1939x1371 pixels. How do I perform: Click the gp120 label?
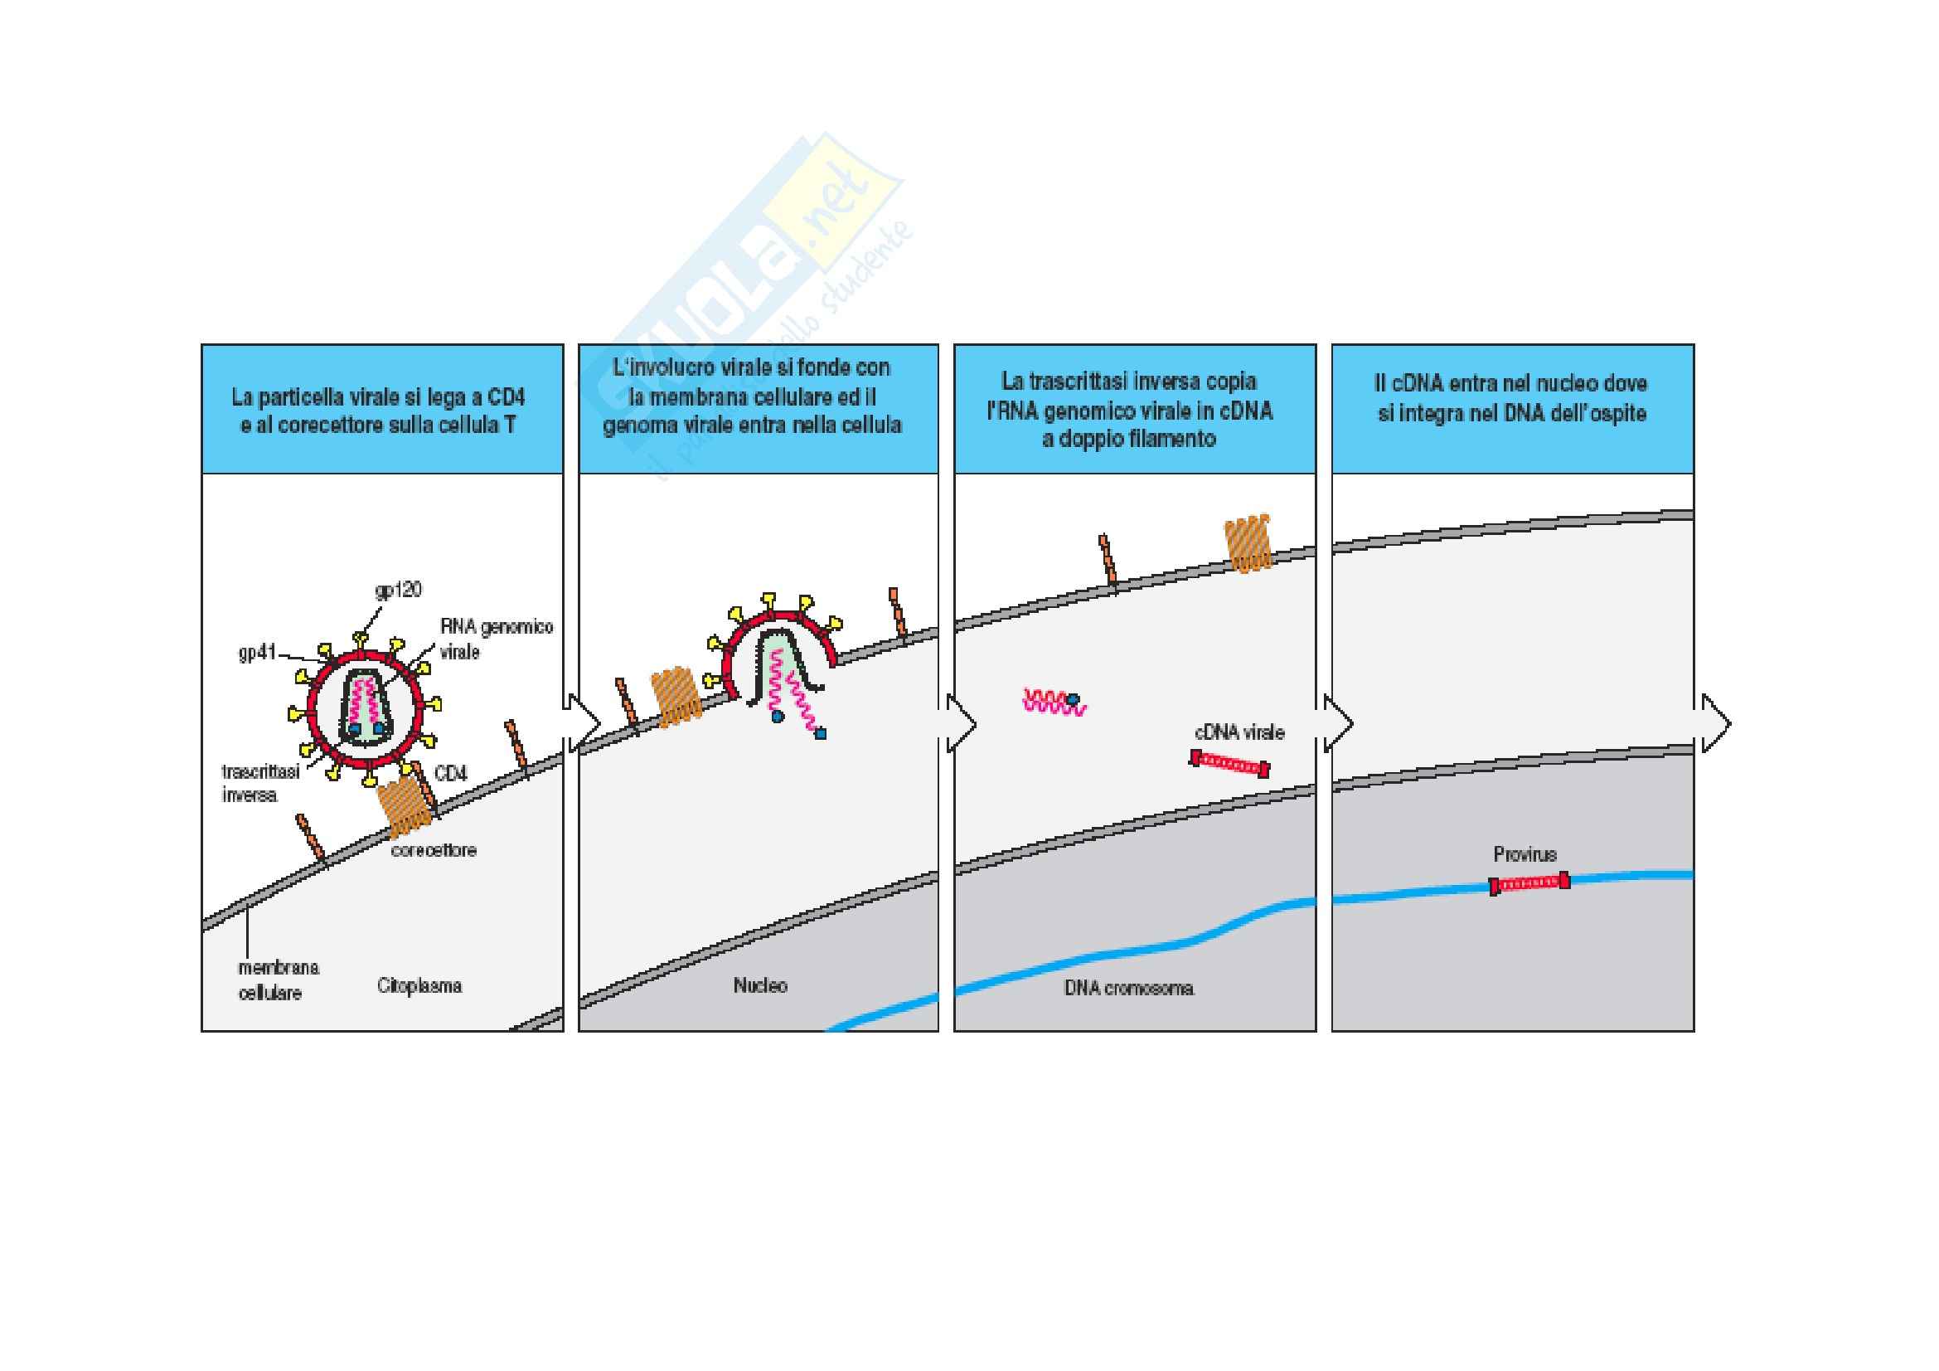(x=398, y=590)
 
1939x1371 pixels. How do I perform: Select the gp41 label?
(x=258, y=652)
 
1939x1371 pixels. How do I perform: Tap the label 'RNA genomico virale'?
(x=496, y=639)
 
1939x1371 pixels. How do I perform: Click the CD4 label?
(x=450, y=773)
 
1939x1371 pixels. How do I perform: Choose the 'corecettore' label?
(x=434, y=851)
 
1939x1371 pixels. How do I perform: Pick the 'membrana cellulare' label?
(x=278, y=980)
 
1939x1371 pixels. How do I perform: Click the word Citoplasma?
(x=419, y=986)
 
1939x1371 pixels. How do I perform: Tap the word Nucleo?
(x=760, y=985)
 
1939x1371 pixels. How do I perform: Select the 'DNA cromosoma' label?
(x=1128, y=989)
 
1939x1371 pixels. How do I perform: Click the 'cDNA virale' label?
(x=1239, y=732)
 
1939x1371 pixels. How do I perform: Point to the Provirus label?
(x=1525, y=854)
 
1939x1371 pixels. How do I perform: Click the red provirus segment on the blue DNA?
(x=1529, y=883)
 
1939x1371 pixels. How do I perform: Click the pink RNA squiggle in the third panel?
(x=1051, y=702)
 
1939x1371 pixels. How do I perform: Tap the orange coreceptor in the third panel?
(x=1248, y=544)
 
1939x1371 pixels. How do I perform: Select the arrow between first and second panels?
(x=582, y=723)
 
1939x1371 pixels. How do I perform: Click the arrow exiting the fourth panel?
(x=1714, y=723)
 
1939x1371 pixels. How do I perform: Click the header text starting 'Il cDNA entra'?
(x=1511, y=398)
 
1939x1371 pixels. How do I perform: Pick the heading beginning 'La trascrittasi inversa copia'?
(x=1129, y=411)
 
